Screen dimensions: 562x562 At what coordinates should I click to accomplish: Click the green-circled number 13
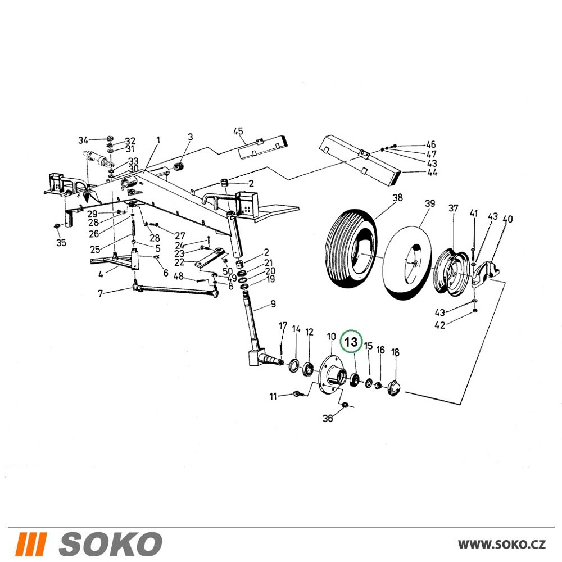coord(351,342)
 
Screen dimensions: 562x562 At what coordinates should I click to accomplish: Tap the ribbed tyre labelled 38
coord(351,248)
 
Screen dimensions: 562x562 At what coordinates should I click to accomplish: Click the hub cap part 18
coord(395,388)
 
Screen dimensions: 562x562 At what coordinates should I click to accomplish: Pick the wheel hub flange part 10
coord(332,374)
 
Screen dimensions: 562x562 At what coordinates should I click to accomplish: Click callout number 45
coord(238,131)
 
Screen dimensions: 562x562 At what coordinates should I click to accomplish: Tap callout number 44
coord(433,173)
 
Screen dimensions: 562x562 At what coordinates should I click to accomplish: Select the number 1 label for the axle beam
coord(158,140)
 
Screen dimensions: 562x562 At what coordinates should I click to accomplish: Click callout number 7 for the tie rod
coord(101,294)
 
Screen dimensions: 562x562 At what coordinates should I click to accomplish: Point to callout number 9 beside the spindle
coord(273,304)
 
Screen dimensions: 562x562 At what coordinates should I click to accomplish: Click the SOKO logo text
coord(110,543)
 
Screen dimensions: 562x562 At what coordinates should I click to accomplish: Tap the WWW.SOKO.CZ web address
coord(502,545)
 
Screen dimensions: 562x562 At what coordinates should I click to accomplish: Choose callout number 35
coord(61,243)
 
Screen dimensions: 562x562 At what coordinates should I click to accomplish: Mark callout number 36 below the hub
coord(328,418)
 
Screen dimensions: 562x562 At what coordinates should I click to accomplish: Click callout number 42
coord(440,325)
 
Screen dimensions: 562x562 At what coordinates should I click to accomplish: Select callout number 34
coord(83,140)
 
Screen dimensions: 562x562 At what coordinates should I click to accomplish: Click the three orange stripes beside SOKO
coord(32,543)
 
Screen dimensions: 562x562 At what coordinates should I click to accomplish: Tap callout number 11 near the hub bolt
coord(274,396)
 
